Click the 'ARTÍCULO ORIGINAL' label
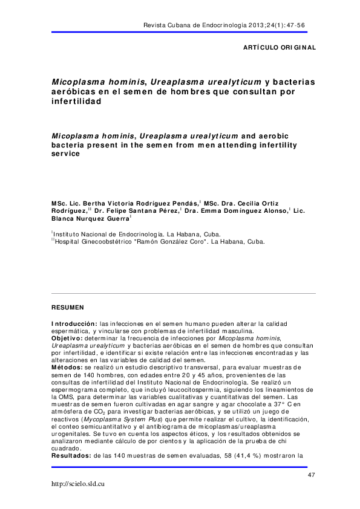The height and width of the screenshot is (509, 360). click(x=279, y=47)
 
